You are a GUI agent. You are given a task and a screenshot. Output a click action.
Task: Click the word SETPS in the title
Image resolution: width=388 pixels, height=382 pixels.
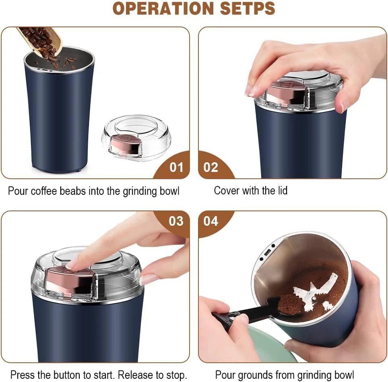(246, 8)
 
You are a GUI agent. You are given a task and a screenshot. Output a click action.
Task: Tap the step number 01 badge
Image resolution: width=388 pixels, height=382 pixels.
(176, 167)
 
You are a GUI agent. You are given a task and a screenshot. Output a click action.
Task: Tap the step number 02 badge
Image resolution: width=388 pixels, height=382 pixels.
(211, 167)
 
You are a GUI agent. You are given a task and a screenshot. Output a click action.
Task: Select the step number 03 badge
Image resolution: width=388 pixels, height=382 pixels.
(176, 221)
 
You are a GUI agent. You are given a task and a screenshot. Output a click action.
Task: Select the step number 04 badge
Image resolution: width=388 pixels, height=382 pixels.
(211, 221)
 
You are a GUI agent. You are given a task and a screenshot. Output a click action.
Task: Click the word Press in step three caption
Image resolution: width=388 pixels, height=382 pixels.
(21, 375)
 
